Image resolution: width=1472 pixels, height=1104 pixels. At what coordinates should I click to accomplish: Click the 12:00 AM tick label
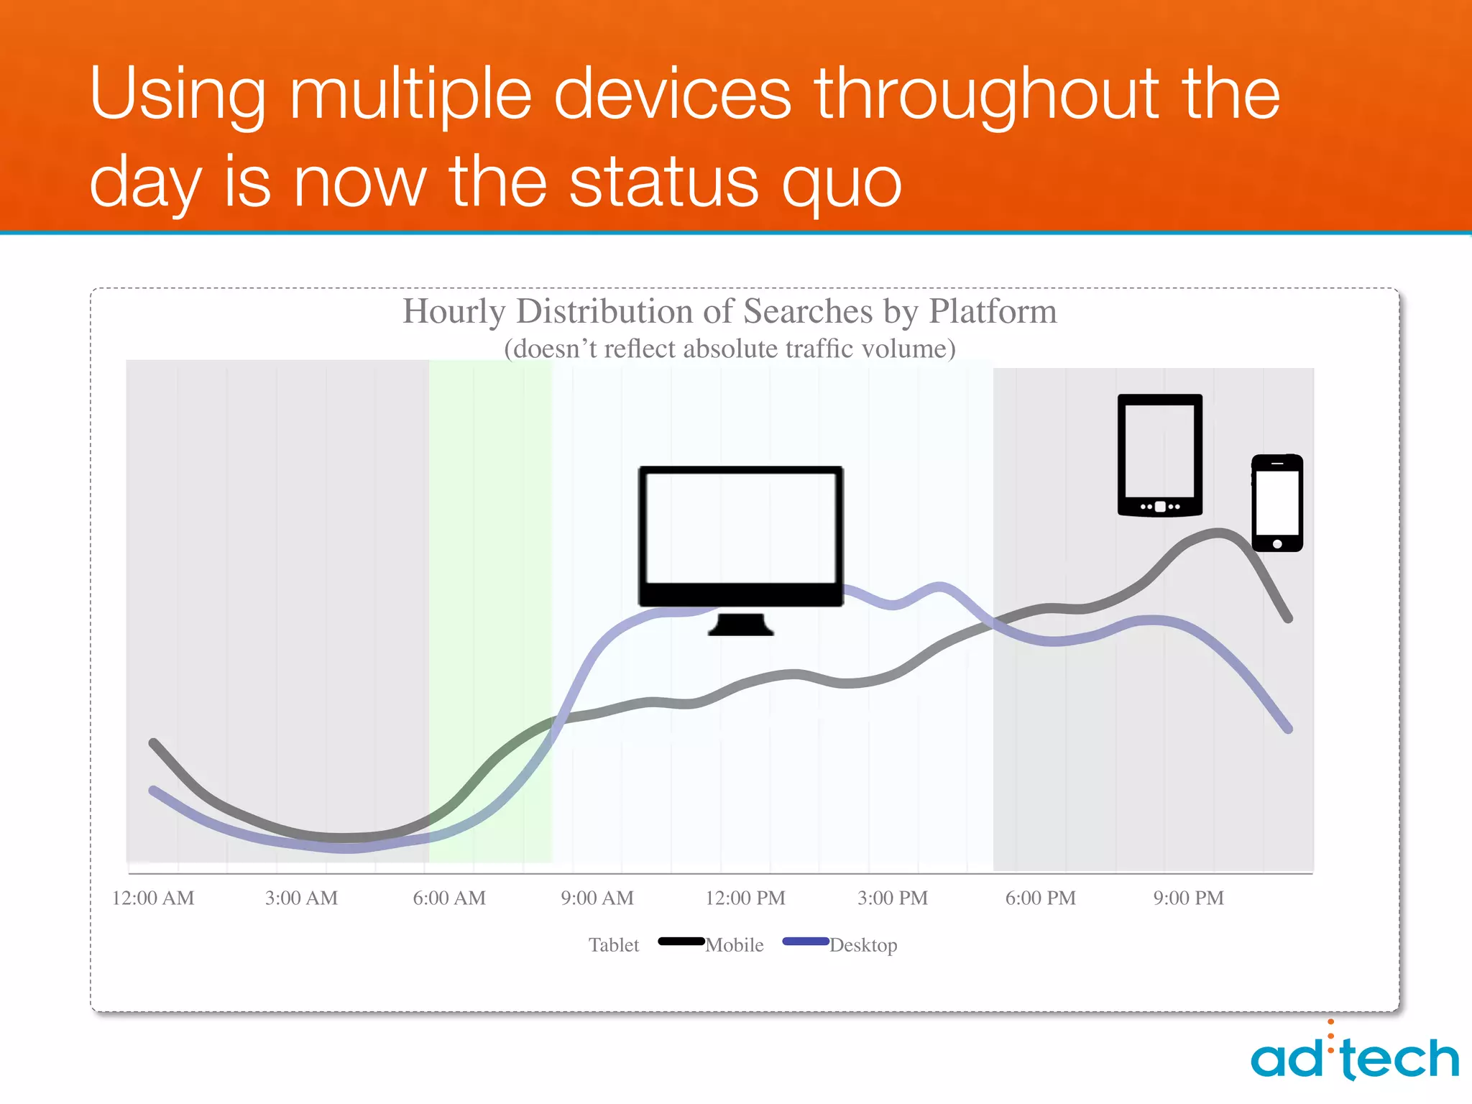pyautogui.click(x=153, y=898)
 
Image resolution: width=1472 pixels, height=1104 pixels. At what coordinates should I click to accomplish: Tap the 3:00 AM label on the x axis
pyautogui.click(x=301, y=898)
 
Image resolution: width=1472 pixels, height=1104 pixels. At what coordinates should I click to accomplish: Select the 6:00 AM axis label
pyautogui.click(x=449, y=898)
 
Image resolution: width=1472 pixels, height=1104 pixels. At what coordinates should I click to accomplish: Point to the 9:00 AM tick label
pyautogui.click(x=597, y=898)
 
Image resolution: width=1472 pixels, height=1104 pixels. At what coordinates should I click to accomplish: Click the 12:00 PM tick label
pyautogui.click(x=745, y=898)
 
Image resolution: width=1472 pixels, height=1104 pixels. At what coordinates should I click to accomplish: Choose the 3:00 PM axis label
pyautogui.click(x=893, y=898)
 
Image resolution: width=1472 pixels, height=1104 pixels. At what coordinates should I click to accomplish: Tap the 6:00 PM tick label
pyautogui.click(x=1041, y=898)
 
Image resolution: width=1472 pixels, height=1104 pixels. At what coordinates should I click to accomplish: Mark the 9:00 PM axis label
pyautogui.click(x=1189, y=898)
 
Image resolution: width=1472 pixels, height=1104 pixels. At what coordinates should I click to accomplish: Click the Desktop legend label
pyautogui.click(x=863, y=945)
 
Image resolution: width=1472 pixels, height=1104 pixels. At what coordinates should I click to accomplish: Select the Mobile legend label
pyautogui.click(x=735, y=945)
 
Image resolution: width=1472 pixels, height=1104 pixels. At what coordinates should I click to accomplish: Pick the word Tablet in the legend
pyautogui.click(x=614, y=945)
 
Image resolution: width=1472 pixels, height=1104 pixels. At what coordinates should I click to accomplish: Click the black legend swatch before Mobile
pyautogui.click(x=681, y=942)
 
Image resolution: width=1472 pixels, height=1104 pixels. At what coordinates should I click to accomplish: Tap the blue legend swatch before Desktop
pyautogui.click(x=806, y=942)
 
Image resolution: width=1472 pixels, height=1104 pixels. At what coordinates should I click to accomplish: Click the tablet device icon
pyautogui.click(x=1159, y=455)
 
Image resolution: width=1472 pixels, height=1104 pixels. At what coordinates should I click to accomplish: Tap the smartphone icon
pyautogui.click(x=1277, y=503)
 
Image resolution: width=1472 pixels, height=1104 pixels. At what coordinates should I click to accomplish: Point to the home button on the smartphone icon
pyautogui.click(x=1277, y=544)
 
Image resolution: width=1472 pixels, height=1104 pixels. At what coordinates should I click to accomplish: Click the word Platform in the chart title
pyautogui.click(x=993, y=312)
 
